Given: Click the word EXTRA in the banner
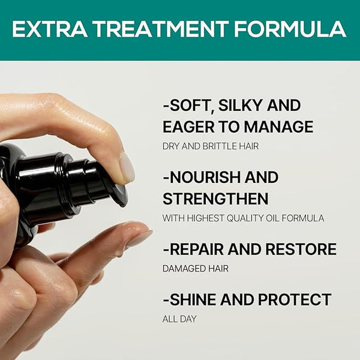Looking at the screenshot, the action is coord(49,29).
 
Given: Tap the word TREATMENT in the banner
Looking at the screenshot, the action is coord(161,29).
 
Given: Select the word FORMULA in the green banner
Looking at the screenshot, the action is coord(290,29).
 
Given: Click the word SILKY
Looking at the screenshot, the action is coord(237,106).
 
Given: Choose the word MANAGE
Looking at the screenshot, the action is coord(278,127).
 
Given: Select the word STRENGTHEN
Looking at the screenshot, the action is coord(215,199).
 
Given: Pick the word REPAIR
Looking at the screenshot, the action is coord(197,249).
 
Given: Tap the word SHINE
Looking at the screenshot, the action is coord(193,299).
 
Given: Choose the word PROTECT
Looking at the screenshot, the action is coord(295,299).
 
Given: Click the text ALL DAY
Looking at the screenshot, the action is coord(179,319).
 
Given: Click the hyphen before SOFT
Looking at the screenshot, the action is coord(166,106).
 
